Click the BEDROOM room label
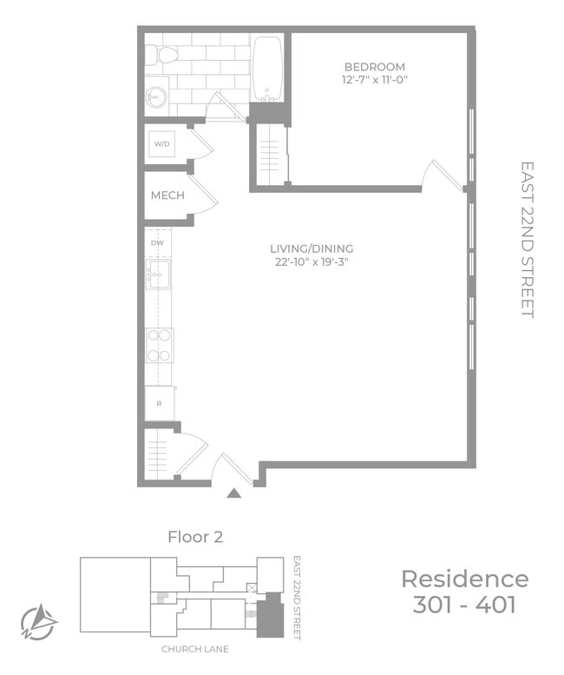(375, 67)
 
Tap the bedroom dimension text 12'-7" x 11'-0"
(375, 80)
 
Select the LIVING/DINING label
(312, 248)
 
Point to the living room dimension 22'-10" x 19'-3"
(312, 261)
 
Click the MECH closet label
(167, 195)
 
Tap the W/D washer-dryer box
(162, 144)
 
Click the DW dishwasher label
(157, 242)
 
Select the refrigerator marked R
(160, 403)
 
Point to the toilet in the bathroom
(162, 56)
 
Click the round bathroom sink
(155, 96)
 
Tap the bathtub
(267, 69)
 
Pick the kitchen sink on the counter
(158, 274)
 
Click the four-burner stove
(160, 345)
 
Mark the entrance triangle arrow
(234, 493)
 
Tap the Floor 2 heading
(195, 537)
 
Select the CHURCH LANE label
(195, 649)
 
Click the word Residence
(465, 579)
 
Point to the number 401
(495, 605)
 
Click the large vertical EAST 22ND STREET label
(528, 240)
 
